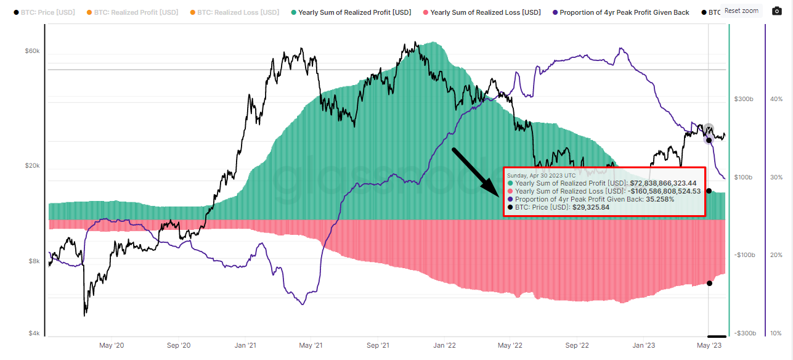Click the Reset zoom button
[x=741, y=10]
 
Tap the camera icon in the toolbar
[x=776, y=11]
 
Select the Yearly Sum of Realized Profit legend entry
[x=353, y=12]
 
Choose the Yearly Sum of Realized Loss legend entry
[x=485, y=12]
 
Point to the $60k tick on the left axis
[x=32, y=51]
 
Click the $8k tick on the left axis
[x=34, y=261]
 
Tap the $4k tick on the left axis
[x=34, y=333]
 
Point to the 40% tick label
[x=776, y=99]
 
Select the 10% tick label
[x=776, y=333]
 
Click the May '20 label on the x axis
[x=112, y=346]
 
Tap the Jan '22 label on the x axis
[x=445, y=346]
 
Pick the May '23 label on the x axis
[x=709, y=346]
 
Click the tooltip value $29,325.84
[x=590, y=207]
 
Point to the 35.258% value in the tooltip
[x=660, y=199]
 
